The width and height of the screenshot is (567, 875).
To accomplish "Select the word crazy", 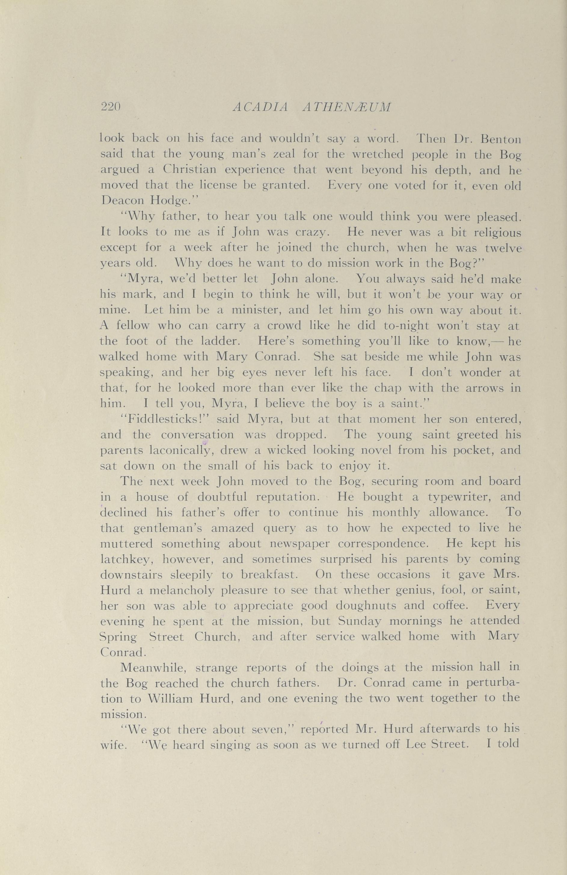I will [308, 233].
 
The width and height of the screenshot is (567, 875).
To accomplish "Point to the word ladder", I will [220, 341].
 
